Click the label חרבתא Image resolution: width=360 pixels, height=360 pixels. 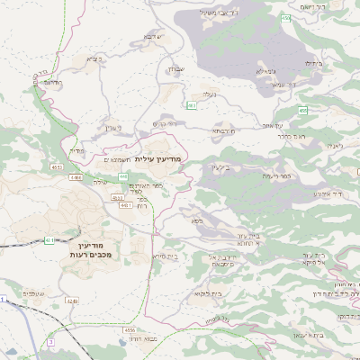click(x=223, y=130)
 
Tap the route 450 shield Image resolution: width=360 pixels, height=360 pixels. click(x=286, y=18)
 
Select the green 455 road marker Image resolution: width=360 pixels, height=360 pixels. click(x=303, y=110)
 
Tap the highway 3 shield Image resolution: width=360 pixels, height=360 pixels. click(x=51, y=342)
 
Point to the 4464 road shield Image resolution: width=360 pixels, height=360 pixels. click(x=75, y=178)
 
